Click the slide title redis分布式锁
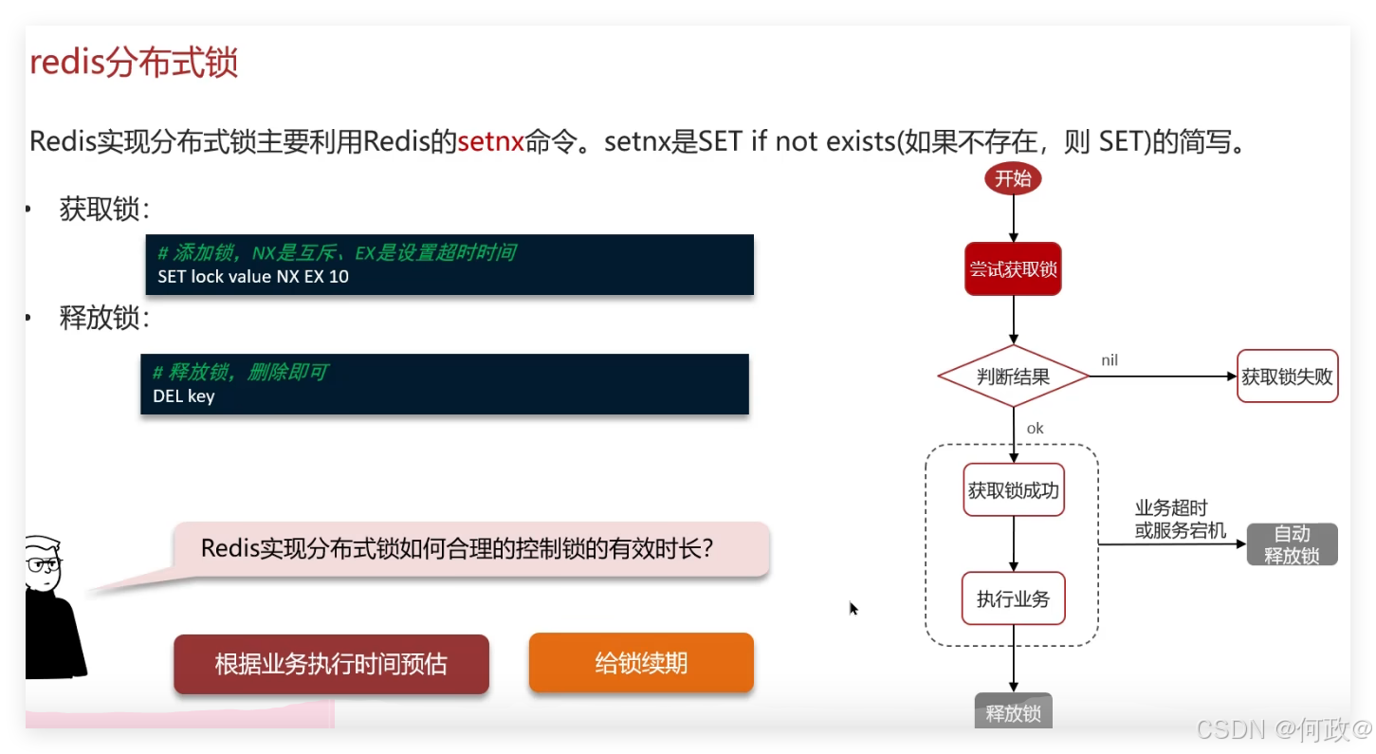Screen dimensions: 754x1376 pyautogui.click(x=134, y=63)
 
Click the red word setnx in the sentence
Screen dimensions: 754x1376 pyautogui.click(x=490, y=142)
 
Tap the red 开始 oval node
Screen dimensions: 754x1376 pyautogui.click(x=1013, y=177)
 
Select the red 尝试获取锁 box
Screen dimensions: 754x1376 pyautogui.click(x=1013, y=269)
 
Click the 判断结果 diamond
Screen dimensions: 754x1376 pyautogui.click(x=1013, y=377)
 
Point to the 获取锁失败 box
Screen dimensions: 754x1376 pyautogui.click(x=1287, y=377)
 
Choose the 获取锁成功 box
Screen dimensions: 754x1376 pyautogui.click(x=1013, y=490)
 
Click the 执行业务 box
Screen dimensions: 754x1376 pyautogui.click(x=1013, y=598)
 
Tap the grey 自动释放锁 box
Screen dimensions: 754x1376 pyautogui.click(x=1292, y=544)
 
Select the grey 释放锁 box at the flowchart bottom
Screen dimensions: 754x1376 pyautogui.click(x=1013, y=711)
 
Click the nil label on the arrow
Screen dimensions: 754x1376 pyautogui.click(x=1110, y=360)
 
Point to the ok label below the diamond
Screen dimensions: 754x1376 pyautogui.click(x=1035, y=429)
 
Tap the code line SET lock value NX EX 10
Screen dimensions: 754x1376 pyautogui.click(x=253, y=277)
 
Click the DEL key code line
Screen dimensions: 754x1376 pyautogui.click(x=184, y=396)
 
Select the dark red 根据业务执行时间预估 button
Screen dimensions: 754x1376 pyautogui.click(x=331, y=663)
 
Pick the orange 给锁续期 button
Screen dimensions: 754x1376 pyautogui.click(x=641, y=662)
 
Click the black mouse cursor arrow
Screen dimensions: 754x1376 pyautogui.click(x=853, y=608)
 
